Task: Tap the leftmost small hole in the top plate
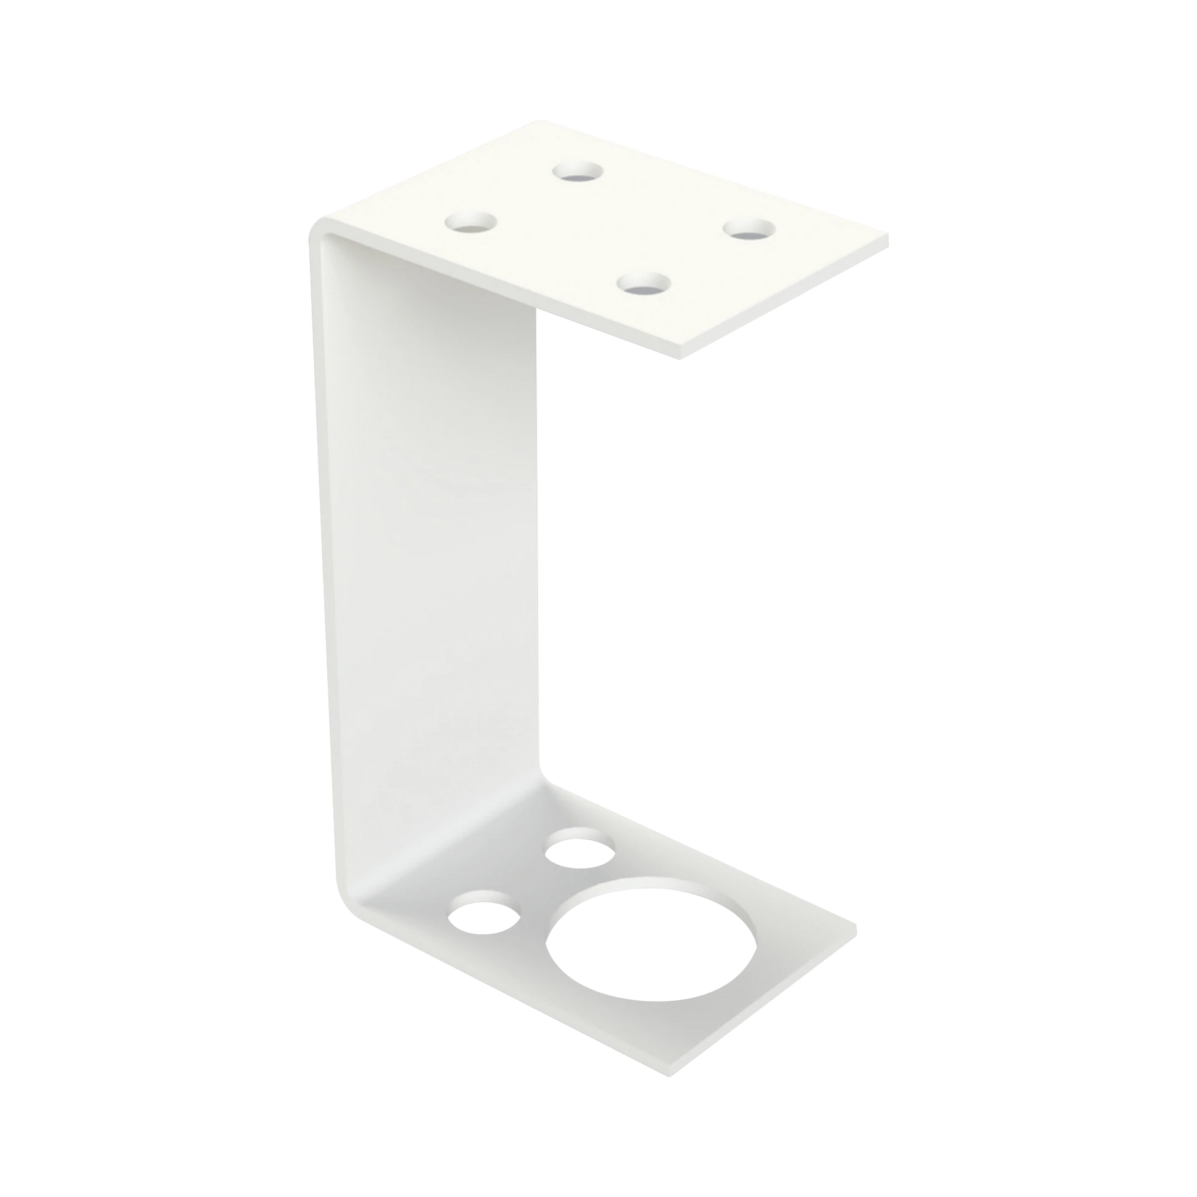(x=472, y=222)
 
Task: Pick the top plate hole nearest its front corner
(x=644, y=285)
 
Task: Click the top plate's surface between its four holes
(x=610, y=229)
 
